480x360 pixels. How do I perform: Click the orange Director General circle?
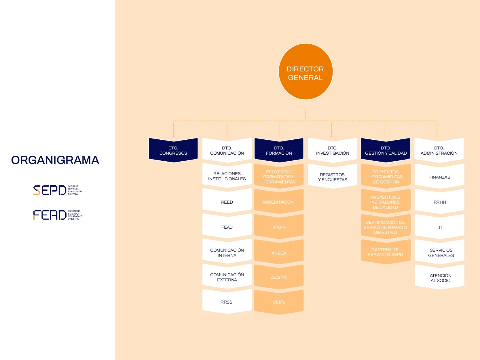[x=306, y=72]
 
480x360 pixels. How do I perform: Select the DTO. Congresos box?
[x=173, y=150]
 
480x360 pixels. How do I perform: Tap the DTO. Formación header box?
[x=279, y=150]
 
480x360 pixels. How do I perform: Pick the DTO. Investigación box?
[x=333, y=150]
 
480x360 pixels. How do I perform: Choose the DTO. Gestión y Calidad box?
[x=386, y=150]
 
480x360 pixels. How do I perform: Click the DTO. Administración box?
[x=439, y=150]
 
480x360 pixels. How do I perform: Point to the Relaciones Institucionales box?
[x=227, y=176]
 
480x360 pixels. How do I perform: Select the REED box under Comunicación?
[x=227, y=202]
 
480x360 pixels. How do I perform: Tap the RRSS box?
[x=227, y=302]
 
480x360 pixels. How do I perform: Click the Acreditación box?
[x=278, y=202]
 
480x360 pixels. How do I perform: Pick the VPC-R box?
[x=279, y=227]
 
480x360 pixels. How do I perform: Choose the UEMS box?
[x=279, y=302]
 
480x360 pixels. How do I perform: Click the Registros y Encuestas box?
[x=333, y=177]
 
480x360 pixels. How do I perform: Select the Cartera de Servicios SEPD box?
[x=386, y=252]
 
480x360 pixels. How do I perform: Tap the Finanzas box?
[x=440, y=177]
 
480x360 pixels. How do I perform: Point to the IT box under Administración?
[x=440, y=227]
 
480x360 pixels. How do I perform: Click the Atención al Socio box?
[x=440, y=278]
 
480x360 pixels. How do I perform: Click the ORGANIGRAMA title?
[x=55, y=160]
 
